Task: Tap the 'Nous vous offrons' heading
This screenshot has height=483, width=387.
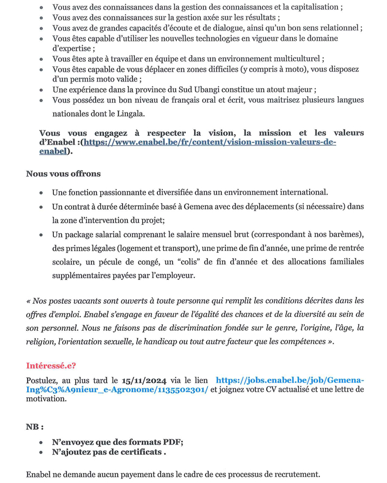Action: click(63, 174)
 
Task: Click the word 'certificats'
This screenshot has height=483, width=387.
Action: click(140, 452)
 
